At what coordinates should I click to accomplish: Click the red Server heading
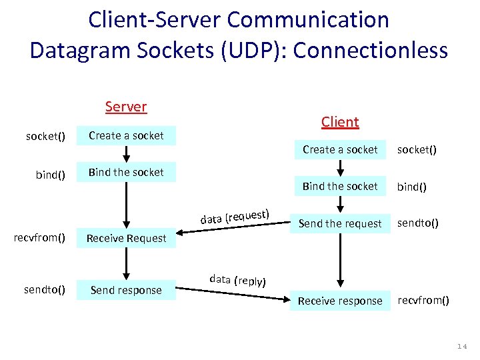point(126,107)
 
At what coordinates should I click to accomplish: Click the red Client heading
point(340,121)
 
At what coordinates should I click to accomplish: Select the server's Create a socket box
point(126,135)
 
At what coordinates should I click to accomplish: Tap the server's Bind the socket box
point(126,172)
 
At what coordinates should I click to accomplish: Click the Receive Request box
point(126,238)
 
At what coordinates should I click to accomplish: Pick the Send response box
point(126,290)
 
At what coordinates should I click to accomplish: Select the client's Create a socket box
point(340,149)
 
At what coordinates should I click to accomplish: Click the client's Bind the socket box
point(340,186)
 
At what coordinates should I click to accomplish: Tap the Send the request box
point(340,223)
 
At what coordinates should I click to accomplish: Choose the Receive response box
point(340,301)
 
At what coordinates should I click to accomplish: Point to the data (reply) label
point(237,280)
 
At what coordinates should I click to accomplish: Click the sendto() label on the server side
point(45,289)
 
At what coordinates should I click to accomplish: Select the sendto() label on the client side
point(417,223)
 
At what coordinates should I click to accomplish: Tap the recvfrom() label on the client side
point(423,300)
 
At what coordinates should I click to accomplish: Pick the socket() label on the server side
point(45,136)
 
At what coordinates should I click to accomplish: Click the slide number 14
point(462,347)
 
